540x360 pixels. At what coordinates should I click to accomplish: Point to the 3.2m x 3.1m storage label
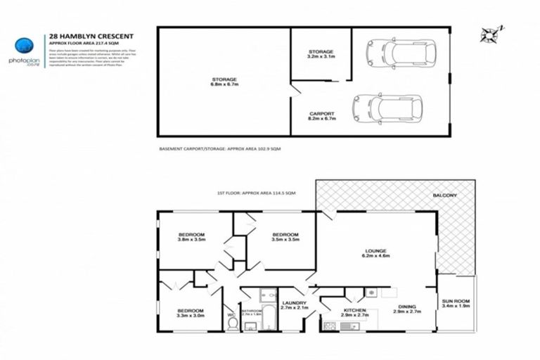pyautogui.click(x=321, y=54)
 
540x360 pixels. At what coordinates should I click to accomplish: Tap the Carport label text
pyautogui.click(x=321, y=116)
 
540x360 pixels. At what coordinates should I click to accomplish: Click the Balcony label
pyautogui.click(x=445, y=195)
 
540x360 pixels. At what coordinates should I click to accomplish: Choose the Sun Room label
pyautogui.click(x=456, y=303)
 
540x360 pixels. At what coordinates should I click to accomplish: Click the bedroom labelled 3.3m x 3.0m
pyautogui.click(x=191, y=313)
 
